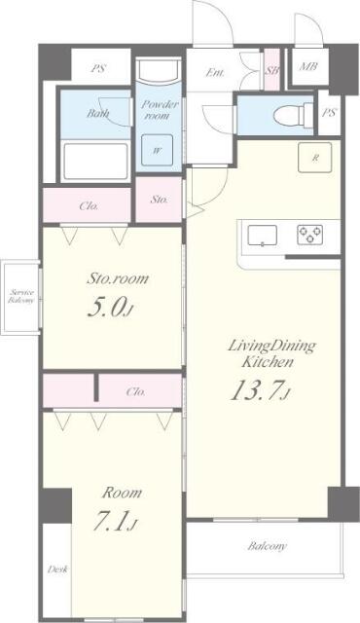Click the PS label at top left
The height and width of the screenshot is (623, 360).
[96, 68]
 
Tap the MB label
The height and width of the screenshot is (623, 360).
[307, 67]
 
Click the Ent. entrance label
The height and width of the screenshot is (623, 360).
[217, 71]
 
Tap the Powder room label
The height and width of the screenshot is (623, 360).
[156, 110]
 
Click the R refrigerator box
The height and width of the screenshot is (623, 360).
[316, 158]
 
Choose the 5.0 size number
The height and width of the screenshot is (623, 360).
[108, 308]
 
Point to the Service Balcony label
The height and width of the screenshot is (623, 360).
[21, 298]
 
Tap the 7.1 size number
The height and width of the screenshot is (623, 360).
[114, 523]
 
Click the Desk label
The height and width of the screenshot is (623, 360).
[56, 569]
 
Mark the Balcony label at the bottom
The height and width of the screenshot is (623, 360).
[265, 546]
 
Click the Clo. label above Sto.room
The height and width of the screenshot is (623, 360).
[88, 204]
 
